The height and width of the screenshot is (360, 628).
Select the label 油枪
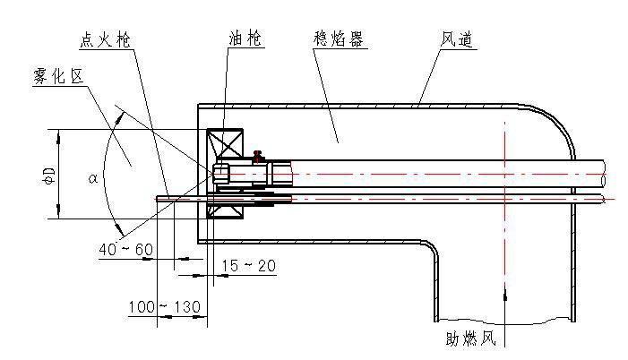pos(244,41)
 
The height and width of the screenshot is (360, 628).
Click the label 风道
pos(457,41)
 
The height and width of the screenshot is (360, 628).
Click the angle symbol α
pos(93,178)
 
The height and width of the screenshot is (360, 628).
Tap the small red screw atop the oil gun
pos(258,155)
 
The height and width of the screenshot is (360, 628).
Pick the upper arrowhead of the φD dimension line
pos(59,135)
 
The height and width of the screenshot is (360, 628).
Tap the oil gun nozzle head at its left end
pos(221,172)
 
